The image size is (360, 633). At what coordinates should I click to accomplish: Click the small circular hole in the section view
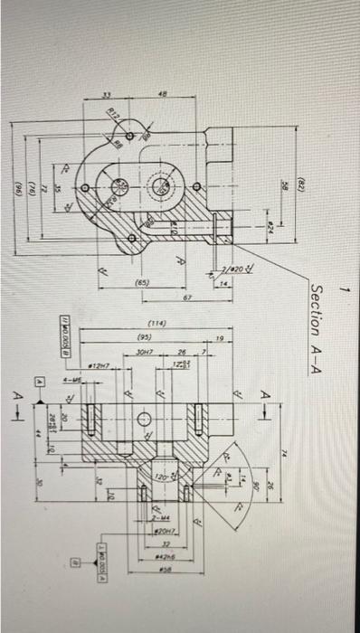[144, 418]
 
